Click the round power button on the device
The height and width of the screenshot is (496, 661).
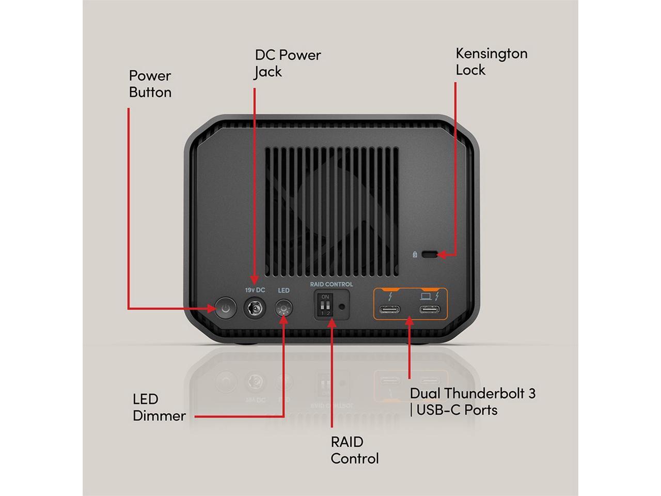225,309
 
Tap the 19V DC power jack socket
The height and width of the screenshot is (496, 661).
254,309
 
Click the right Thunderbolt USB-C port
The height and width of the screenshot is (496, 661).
429,309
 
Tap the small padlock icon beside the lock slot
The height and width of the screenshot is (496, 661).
415,254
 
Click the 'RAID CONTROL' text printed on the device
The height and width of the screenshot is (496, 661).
332,284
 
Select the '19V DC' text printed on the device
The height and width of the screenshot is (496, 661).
255,290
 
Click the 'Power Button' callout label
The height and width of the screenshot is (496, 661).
150,84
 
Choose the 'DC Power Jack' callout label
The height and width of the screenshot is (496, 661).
288,63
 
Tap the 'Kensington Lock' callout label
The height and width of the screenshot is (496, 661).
491,61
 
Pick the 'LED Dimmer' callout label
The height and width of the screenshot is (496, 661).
159,407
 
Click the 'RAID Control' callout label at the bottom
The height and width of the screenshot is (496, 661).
354,450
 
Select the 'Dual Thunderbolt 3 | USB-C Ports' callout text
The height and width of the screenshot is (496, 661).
472,401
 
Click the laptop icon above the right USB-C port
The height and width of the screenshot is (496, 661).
426,296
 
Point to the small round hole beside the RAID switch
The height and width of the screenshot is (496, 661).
341,306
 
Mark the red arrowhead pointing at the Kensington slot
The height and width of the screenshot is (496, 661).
443,254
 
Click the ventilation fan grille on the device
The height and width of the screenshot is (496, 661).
332,212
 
